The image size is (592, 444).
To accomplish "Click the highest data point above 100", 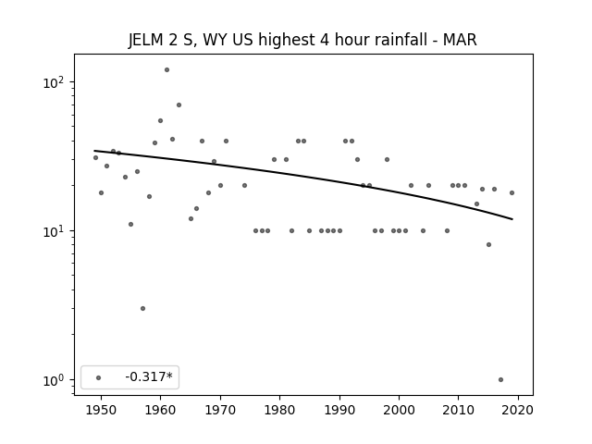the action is [x=166, y=70].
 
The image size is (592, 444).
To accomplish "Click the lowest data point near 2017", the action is [x=500, y=380].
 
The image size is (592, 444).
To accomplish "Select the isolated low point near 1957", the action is [x=142, y=308].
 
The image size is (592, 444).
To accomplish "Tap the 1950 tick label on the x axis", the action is [x=101, y=411].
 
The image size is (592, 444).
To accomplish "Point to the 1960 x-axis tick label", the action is [x=160, y=411].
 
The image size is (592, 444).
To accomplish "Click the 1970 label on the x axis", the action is [x=220, y=411].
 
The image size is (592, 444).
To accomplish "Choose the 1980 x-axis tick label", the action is [x=279, y=411].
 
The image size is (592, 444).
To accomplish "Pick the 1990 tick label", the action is [x=339, y=411].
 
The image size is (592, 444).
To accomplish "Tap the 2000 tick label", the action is [x=399, y=411].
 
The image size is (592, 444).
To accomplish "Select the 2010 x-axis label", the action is [x=459, y=411].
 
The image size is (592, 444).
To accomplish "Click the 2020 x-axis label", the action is [x=518, y=411].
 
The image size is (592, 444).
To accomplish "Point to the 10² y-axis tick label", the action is [x=55, y=82].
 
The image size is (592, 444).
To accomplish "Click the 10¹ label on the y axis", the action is [x=55, y=231].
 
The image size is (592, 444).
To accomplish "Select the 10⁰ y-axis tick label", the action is [x=55, y=380].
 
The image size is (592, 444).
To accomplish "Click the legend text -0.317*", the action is [x=149, y=376].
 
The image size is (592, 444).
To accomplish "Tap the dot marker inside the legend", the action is [x=99, y=377].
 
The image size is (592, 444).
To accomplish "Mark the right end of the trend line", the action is [x=512, y=219].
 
